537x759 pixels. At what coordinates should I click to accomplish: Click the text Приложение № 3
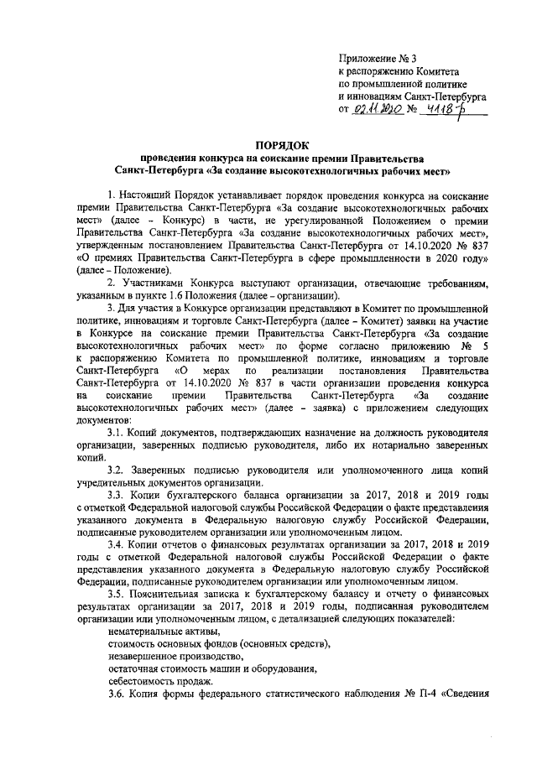(378, 58)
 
